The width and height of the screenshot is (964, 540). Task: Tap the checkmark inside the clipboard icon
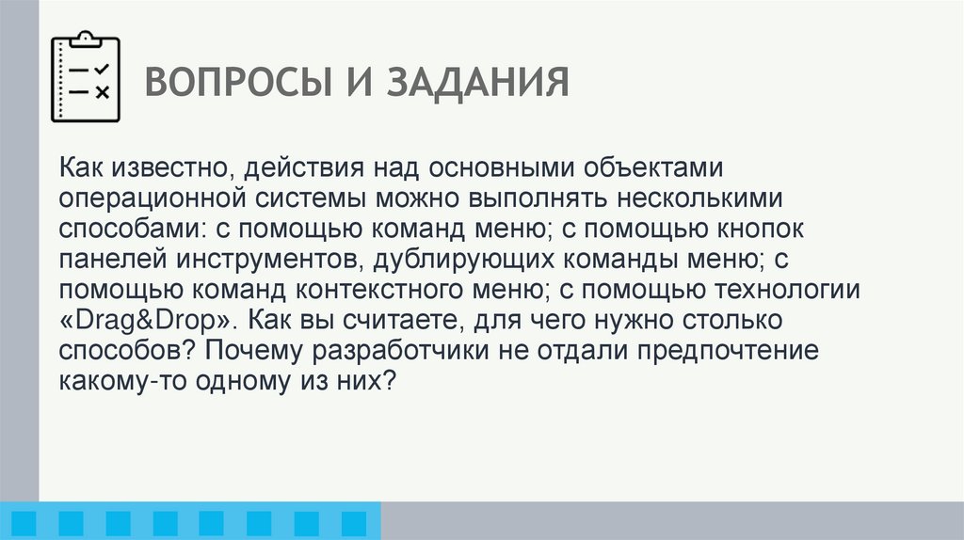(x=103, y=69)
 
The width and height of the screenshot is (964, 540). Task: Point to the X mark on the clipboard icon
(x=103, y=92)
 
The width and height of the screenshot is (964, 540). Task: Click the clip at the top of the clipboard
(x=85, y=38)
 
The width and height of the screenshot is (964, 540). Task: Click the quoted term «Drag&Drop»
(x=146, y=319)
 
